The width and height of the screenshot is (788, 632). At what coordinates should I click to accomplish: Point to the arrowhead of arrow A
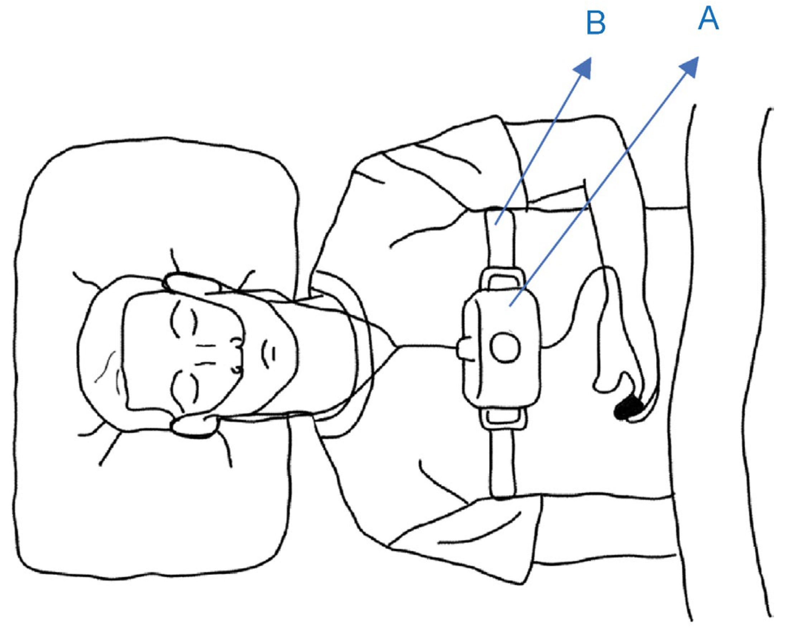point(689,67)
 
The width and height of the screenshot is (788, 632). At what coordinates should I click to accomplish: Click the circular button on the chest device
point(505,347)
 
